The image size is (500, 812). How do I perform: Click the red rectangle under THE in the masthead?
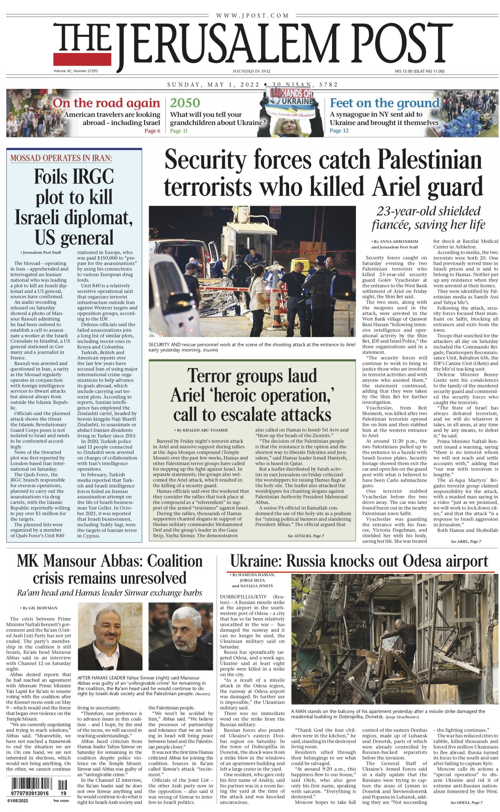[x=83, y=59]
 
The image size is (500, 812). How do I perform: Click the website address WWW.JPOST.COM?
[x=252, y=15]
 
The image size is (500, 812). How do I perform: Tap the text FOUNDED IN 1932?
[x=251, y=71]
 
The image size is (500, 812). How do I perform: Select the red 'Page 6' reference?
[x=152, y=131]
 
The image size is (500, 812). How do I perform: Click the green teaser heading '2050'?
[x=185, y=103]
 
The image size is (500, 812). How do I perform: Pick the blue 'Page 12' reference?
[x=339, y=130]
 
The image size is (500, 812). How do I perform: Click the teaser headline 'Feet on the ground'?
[x=384, y=103]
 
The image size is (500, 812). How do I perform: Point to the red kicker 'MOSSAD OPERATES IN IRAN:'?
[x=61, y=158]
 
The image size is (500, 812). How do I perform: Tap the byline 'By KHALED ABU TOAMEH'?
[x=201, y=430]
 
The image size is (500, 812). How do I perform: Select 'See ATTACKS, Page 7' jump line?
[x=305, y=536]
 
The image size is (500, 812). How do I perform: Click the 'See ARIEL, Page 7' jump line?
[x=466, y=541]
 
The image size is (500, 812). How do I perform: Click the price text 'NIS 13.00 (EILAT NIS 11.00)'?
[x=419, y=71]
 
